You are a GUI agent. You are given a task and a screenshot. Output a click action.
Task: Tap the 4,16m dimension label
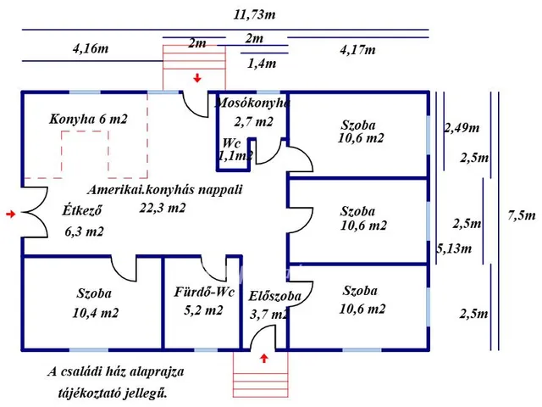tap(91, 48)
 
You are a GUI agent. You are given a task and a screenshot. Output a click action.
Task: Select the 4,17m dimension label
tap(358, 49)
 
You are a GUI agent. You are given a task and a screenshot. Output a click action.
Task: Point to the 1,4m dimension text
tap(261, 62)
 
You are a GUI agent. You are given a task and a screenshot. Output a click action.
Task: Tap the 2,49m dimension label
tap(462, 128)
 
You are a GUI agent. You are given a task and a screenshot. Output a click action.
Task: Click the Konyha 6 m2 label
tap(88, 120)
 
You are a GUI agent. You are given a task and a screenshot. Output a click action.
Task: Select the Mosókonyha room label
tap(252, 103)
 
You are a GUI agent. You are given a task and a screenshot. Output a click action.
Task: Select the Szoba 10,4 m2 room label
tap(94, 303)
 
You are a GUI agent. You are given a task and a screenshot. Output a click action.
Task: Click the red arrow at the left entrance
tap(10, 215)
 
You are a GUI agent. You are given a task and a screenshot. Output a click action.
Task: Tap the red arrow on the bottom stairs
tap(265, 359)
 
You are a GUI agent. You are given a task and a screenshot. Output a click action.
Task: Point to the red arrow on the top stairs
tap(197, 78)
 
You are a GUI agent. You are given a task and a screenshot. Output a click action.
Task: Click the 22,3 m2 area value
tap(163, 208)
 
